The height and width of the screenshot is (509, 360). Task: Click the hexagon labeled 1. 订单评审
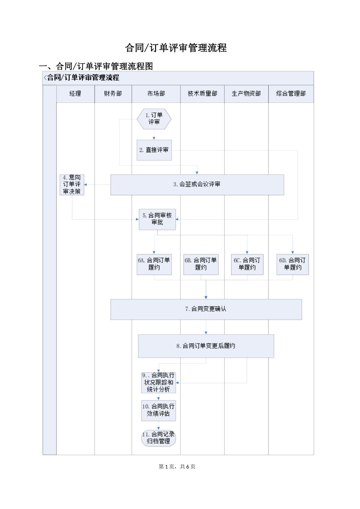pos(154,119)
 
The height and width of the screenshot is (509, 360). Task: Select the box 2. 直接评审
pos(154,150)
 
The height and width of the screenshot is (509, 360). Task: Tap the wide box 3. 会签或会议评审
pos(197,184)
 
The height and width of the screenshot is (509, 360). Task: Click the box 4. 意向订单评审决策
pos(72,184)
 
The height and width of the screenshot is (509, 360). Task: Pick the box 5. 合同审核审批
pos(157,219)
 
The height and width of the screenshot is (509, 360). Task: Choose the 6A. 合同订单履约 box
pos(154,264)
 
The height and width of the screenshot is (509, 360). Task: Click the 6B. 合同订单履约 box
pos(201,264)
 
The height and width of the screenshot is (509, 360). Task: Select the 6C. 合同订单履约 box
pos(247,264)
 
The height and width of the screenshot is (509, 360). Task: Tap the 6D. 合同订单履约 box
pos(293,264)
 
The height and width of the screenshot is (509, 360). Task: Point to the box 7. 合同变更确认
pos(206,309)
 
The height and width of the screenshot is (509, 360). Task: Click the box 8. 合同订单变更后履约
pos(206,346)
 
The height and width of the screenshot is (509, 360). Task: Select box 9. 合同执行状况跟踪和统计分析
pos(158,383)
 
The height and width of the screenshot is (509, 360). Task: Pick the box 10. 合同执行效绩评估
pos(158,410)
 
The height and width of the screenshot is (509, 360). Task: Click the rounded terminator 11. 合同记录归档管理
pos(158,438)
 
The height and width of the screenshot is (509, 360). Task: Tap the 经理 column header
pos(75,94)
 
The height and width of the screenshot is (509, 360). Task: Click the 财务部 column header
pos(113,94)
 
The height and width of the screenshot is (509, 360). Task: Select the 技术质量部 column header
pos(202,94)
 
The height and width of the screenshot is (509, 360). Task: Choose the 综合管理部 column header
pos(291,94)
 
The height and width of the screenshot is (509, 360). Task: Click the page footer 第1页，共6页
pos(177,467)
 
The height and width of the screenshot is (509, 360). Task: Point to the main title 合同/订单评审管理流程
pos(176,48)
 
